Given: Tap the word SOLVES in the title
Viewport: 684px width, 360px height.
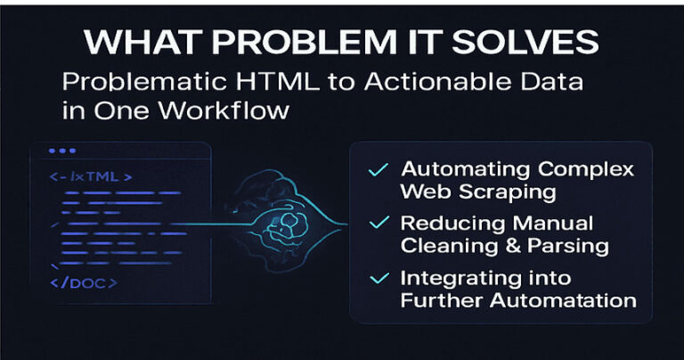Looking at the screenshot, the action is point(525,42).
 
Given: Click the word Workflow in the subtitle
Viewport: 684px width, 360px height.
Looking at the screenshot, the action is point(224,110).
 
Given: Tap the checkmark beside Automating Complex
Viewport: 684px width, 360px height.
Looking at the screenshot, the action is point(379,169).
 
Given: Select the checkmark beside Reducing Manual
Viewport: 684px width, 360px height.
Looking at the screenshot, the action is point(379,223).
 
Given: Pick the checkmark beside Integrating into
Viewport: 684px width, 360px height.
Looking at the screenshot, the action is point(379,278).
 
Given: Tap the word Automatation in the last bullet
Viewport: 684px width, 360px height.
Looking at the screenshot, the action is point(563,300).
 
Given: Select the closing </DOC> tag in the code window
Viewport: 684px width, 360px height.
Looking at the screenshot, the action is point(84,283).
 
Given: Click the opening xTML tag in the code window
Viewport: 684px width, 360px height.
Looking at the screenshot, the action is point(91,176).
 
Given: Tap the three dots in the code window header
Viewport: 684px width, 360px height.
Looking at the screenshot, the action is point(62,151).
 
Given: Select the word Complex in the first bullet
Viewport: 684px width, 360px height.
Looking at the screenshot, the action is point(586,169).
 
